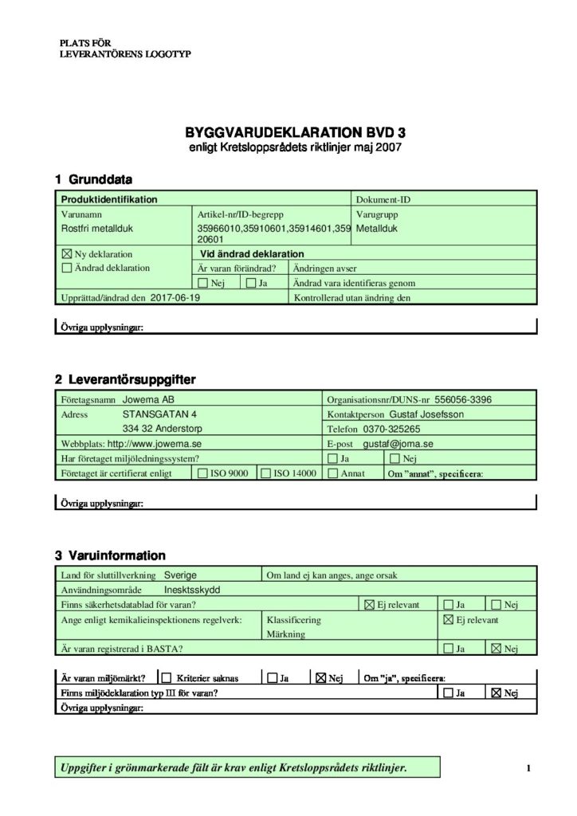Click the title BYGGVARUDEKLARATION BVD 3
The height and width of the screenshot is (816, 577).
(289, 133)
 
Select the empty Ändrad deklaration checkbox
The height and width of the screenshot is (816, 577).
(66, 269)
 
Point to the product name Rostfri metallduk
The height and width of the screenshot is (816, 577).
(95, 229)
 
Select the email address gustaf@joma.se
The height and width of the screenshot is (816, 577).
(398, 444)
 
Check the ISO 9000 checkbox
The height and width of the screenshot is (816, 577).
(202, 473)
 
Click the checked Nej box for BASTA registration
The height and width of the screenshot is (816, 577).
(497, 649)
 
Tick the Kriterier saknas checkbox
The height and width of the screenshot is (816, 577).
(167, 679)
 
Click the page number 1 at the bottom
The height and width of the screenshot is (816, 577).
(528, 768)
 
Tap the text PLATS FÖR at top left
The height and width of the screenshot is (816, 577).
(86, 42)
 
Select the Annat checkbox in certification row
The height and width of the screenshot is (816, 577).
(332, 473)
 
